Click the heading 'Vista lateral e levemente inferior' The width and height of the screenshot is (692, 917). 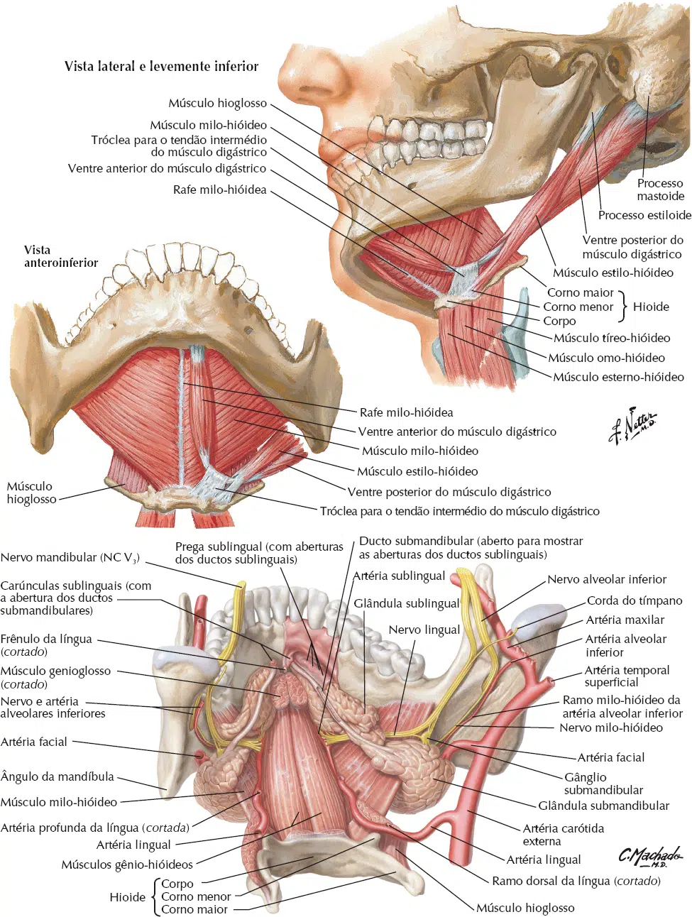pyautogui.click(x=161, y=66)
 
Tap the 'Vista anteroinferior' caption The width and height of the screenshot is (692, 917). pyautogui.click(x=61, y=256)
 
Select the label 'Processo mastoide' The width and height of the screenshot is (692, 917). pyautogui.click(x=660, y=190)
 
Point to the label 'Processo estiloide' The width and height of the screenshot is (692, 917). pyautogui.click(x=644, y=215)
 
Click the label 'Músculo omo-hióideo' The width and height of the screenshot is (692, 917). pyautogui.click(x=606, y=358)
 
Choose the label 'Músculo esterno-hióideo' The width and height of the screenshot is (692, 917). pyautogui.click(x=618, y=377)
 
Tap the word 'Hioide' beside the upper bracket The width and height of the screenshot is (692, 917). pyautogui.click(x=651, y=307)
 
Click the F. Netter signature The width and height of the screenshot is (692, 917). pyautogui.click(x=632, y=425)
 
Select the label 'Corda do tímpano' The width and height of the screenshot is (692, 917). pyautogui.click(x=635, y=600)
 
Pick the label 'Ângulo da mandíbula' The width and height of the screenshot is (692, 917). pyautogui.click(x=57, y=776)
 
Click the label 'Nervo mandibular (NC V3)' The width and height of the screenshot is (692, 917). pyautogui.click(x=70, y=557)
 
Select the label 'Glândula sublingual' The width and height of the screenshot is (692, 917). pyautogui.click(x=407, y=603)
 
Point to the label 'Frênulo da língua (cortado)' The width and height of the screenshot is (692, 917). pyautogui.click(x=46, y=645)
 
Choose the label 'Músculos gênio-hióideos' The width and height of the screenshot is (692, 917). pyautogui.click(x=127, y=864)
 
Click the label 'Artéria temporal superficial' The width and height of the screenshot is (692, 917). pyautogui.click(x=627, y=676)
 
